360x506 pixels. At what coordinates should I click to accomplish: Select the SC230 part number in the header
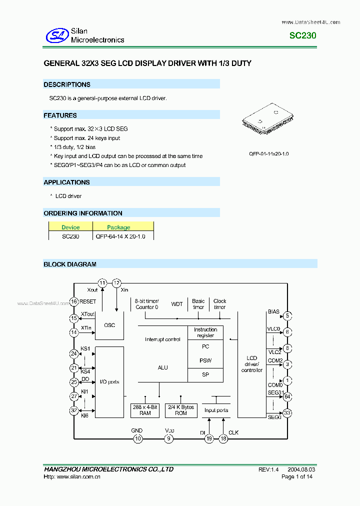[x=303, y=36]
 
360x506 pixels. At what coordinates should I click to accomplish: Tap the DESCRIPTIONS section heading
[x=67, y=84]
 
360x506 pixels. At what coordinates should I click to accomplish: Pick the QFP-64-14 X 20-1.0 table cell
[x=120, y=236]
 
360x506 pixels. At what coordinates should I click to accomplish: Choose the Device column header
[x=70, y=227]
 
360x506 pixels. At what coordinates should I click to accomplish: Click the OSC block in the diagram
[x=109, y=325]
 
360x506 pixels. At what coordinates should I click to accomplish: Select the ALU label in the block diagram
[x=163, y=367]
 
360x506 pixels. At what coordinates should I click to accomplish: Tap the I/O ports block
[x=109, y=382]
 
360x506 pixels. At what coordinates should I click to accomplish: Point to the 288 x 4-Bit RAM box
[x=145, y=410]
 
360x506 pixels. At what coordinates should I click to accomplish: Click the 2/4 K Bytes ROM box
[x=181, y=410]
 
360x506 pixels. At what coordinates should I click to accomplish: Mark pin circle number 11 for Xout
[x=102, y=283]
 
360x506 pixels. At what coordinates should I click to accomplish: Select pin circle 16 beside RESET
[x=74, y=301]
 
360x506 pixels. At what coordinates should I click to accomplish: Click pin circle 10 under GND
[x=137, y=438]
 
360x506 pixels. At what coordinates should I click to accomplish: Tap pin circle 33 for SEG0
[x=287, y=413]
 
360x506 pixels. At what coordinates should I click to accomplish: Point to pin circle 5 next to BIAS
[x=287, y=315]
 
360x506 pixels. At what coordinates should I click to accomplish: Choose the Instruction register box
[x=205, y=332]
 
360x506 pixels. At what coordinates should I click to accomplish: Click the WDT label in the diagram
[x=177, y=304]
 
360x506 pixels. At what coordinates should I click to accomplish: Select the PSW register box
[x=205, y=360]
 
